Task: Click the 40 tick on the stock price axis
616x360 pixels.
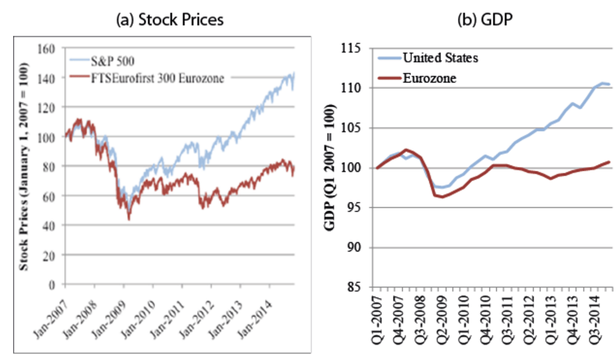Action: pos(53,225)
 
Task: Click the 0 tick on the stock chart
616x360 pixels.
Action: pos(56,284)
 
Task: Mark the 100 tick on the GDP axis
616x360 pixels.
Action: pos(356,168)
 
